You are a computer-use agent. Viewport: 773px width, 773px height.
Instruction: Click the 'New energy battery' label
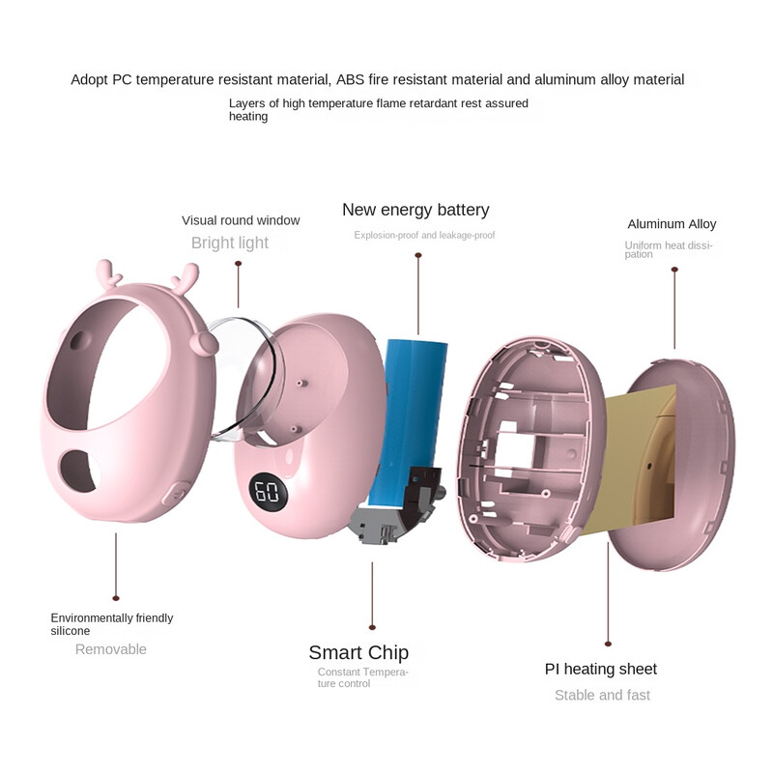[x=415, y=210]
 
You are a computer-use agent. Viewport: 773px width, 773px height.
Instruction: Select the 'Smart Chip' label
[x=358, y=652]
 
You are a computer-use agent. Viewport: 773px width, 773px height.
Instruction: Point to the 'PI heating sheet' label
[x=601, y=669]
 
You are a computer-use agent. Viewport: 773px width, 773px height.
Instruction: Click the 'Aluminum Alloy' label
[x=672, y=224]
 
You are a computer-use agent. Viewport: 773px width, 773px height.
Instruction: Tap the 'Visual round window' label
[x=241, y=220]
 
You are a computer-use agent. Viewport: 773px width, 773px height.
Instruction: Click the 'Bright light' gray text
[x=230, y=243]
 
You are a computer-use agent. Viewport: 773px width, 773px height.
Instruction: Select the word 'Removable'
[x=111, y=649]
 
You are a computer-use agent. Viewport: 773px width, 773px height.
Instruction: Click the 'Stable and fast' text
[x=602, y=695]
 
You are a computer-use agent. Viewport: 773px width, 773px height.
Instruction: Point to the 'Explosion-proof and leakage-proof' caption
[x=424, y=235]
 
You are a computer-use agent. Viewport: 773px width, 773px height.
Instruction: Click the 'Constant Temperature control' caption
[x=363, y=677]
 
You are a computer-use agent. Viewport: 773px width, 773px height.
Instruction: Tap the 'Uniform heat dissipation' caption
[x=668, y=249]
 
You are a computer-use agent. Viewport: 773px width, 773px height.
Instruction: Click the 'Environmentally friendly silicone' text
[x=112, y=624]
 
